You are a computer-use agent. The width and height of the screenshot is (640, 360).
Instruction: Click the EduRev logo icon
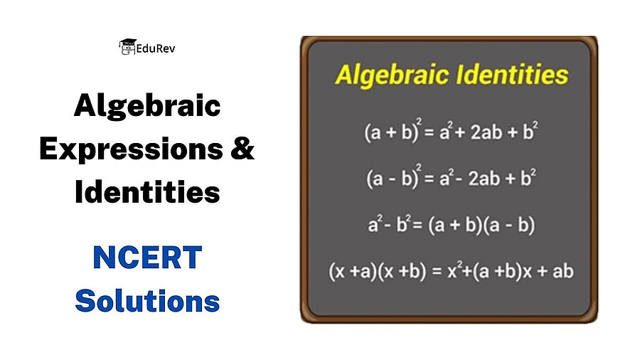pos(127,47)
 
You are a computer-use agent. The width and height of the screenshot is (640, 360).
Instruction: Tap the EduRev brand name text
pos(156,49)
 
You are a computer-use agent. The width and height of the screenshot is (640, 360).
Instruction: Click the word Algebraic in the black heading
pos(147,106)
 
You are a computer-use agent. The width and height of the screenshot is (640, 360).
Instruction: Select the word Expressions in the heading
pos(132,150)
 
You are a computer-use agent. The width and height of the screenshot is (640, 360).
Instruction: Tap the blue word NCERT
pos(147,258)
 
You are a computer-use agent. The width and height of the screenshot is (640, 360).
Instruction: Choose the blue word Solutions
pos(147,301)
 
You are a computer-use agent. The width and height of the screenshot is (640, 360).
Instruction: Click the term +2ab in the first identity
pos(479,132)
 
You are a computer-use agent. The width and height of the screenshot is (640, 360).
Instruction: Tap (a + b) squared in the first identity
pos(393,131)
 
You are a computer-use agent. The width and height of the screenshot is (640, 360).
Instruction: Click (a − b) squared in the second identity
pos(393,177)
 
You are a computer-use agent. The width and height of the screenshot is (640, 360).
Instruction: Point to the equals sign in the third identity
pos(417,225)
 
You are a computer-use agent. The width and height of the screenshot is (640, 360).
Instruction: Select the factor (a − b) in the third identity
pos(509,225)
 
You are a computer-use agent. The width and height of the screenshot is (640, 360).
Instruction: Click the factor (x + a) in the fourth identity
pos(353,272)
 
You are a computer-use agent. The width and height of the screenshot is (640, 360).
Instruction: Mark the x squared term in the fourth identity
pos(454,270)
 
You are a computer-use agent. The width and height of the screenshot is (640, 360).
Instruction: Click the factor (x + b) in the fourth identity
pos(402,272)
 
